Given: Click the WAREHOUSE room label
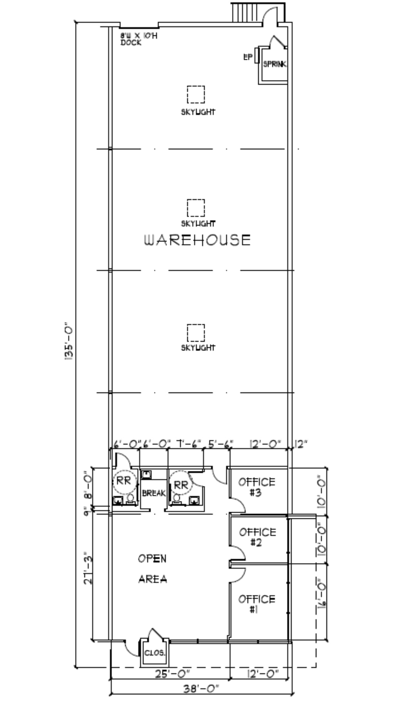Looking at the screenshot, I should point(197,240).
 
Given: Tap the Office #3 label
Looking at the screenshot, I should point(257,487).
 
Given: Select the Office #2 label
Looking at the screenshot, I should point(258,537).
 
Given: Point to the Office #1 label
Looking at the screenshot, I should point(257,604).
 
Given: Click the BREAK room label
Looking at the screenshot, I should point(153,493).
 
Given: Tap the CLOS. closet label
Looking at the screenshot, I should point(154,653).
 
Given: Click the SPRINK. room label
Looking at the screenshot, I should point(274,64).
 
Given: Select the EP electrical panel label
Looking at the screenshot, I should point(248,57).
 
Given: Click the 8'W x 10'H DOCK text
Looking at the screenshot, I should point(139,39).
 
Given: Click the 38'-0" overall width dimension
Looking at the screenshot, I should point(201,688).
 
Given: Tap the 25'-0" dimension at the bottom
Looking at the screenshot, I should point(172,674).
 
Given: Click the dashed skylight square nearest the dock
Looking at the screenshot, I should point(196,95).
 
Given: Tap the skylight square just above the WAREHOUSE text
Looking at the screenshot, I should point(196,208).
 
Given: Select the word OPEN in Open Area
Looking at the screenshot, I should point(152,559).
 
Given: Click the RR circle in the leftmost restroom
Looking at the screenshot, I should point(124,481).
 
